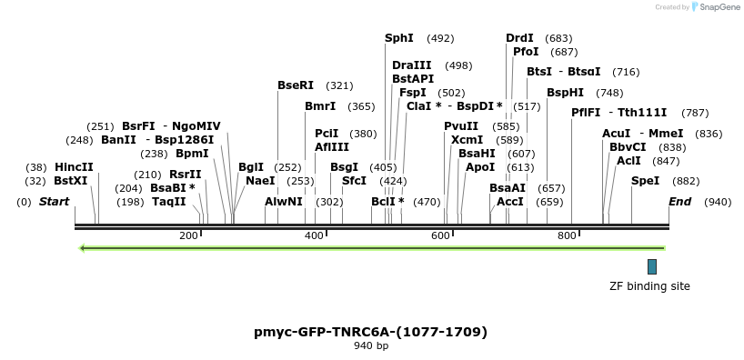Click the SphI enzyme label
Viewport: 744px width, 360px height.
[399, 38]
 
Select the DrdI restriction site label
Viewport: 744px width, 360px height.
[520, 38]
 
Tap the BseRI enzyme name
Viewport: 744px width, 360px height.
[296, 85]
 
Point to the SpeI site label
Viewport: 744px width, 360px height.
[645, 181]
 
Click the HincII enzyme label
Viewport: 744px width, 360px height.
[74, 167]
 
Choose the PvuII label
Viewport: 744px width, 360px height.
[461, 126]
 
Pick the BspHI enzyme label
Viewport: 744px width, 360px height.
[566, 93]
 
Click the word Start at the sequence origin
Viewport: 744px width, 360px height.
[54, 201]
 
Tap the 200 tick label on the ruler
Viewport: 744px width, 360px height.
[188, 236]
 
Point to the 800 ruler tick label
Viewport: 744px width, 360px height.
[567, 236]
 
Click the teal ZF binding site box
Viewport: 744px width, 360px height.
[651, 266]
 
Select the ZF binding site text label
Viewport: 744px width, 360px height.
[649, 286]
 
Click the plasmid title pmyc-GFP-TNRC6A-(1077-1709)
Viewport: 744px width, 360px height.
[370, 332]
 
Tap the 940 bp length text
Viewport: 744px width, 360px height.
[370, 346]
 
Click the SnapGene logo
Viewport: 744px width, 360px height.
[715, 7]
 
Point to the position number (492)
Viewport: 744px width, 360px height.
[440, 38]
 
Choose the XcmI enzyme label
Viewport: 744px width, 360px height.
[467, 140]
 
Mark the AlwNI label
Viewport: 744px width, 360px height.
[284, 201]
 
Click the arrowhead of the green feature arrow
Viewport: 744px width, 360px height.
[82, 247]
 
